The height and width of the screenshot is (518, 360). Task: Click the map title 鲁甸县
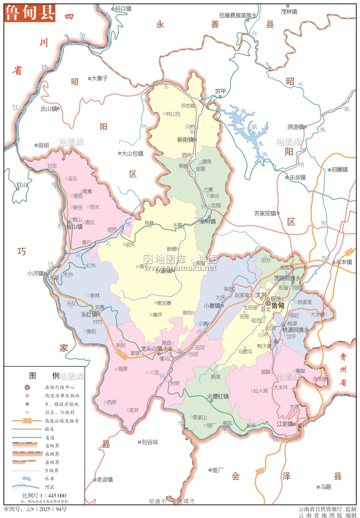tap(30, 13)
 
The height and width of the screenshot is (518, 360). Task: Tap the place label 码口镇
tap(123, 9)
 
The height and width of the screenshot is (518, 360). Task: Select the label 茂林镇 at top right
tap(289, 11)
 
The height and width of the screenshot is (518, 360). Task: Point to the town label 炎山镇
tap(48, 109)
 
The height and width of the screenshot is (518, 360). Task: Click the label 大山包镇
tap(132, 153)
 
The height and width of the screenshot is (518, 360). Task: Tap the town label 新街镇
tap(185, 140)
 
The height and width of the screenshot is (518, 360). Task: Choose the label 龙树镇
tap(208, 221)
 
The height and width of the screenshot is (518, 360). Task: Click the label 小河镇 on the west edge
tap(35, 274)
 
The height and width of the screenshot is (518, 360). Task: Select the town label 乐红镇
tap(89, 315)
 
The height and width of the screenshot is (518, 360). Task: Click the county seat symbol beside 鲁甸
tap(268, 304)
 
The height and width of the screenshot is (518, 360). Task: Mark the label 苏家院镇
tap(265, 213)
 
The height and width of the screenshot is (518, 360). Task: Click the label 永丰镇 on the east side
tap(344, 262)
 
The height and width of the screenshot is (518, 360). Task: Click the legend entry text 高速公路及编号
tap(62, 421)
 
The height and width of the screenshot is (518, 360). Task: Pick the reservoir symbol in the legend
tap(27, 479)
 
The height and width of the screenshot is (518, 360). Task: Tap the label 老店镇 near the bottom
tap(105, 479)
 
